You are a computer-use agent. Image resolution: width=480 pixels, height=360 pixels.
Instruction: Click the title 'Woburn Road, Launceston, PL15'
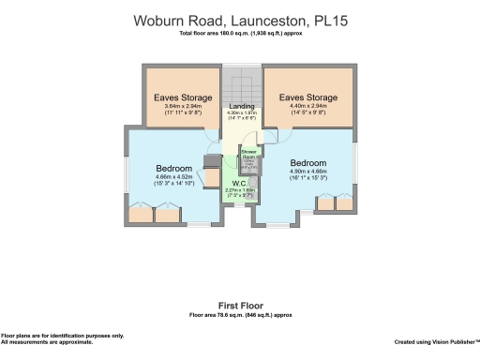click(x=240, y=20)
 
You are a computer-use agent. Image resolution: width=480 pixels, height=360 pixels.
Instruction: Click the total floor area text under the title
click(x=240, y=35)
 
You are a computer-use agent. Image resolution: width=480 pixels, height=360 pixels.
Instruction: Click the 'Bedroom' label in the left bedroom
click(x=174, y=169)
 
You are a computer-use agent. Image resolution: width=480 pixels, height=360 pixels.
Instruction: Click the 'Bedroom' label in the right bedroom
click(x=308, y=162)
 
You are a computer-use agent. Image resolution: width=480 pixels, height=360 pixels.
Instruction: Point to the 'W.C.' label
click(x=239, y=185)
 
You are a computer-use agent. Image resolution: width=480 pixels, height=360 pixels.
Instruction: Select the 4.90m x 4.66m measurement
click(x=308, y=172)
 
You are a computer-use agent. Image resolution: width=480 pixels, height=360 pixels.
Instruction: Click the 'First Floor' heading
click(x=240, y=306)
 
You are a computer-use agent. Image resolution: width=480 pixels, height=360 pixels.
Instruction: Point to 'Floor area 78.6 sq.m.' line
click(x=240, y=315)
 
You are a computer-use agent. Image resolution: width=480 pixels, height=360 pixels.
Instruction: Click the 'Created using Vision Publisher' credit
click(x=435, y=342)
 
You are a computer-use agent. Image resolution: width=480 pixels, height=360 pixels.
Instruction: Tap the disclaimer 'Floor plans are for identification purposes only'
click(x=62, y=336)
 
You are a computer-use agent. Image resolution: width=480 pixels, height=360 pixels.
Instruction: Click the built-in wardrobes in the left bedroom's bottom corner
click(x=154, y=215)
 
